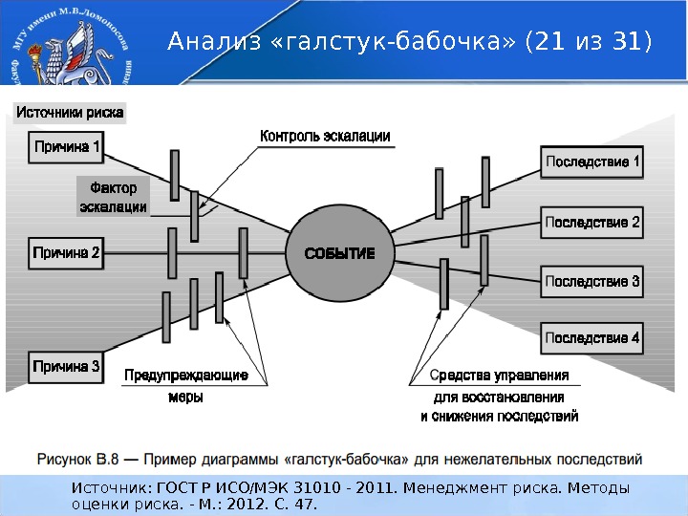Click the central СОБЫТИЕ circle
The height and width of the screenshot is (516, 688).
[x=339, y=253]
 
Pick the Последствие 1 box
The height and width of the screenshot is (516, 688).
[x=592, y=162]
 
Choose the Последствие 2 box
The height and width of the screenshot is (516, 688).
[x=592, y=223]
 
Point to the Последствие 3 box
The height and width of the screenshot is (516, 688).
[x=592, y=282]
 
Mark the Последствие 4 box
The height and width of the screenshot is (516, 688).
[x=592, y=337]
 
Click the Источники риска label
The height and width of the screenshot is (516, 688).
[x=70, y=113]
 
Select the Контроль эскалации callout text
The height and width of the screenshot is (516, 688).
[x=325, y=136]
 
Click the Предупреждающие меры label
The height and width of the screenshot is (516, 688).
[x=186, y=386]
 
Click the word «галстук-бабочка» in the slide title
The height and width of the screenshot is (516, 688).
[x=383, y=43]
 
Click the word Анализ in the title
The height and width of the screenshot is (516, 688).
[x=201, y=43]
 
